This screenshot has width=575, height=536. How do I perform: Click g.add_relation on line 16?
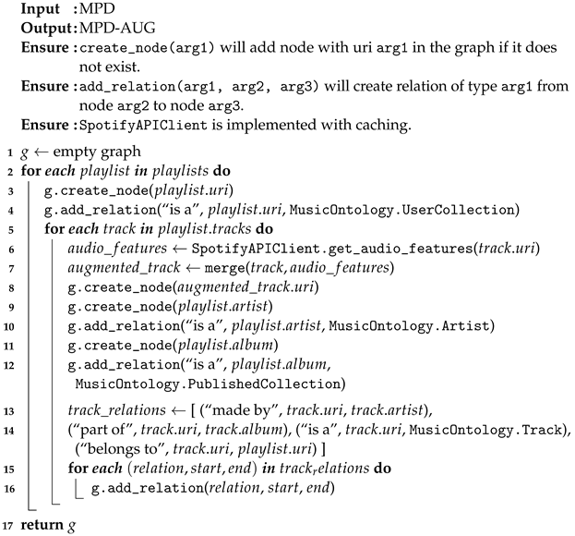139,487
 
